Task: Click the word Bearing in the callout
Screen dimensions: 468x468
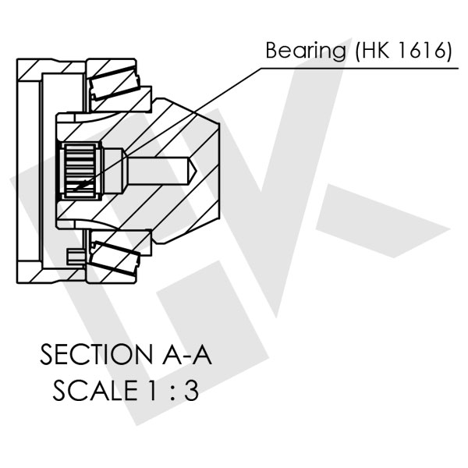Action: (305, 51)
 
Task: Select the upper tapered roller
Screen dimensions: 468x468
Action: (115, 82)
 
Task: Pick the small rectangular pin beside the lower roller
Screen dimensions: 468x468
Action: (75, 255)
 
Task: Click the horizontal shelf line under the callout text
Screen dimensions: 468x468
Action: (359, 66)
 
